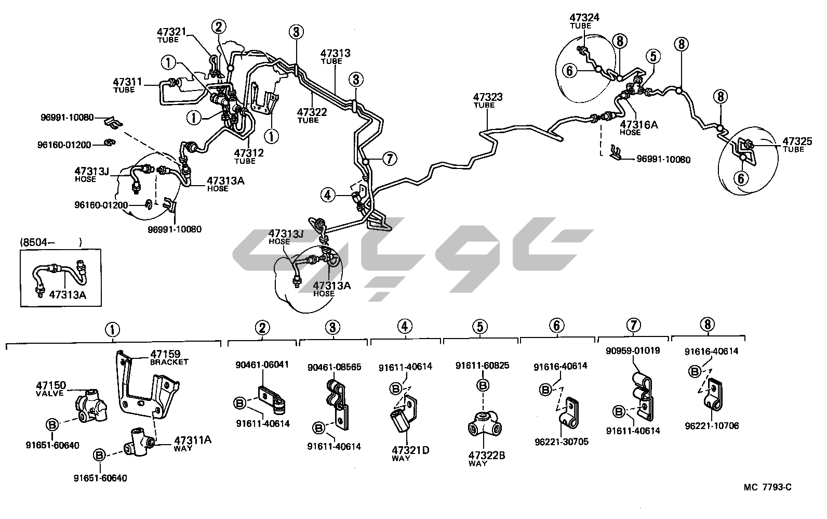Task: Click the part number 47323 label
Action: pyautogui.click(x=487, y=97)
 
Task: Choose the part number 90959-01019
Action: pyautogui.click(x=632, y=351)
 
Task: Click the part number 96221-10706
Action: pyautogui.click(x=712, y=426)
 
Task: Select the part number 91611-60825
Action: pyautogui.click(x=483, y=365)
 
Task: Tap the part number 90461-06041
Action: pyautogui.click(x=262, y=365)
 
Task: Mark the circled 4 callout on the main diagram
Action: pyautogui.click(x=327, y=195)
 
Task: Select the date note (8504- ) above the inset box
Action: pyautogui.click(x=51, y=242)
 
